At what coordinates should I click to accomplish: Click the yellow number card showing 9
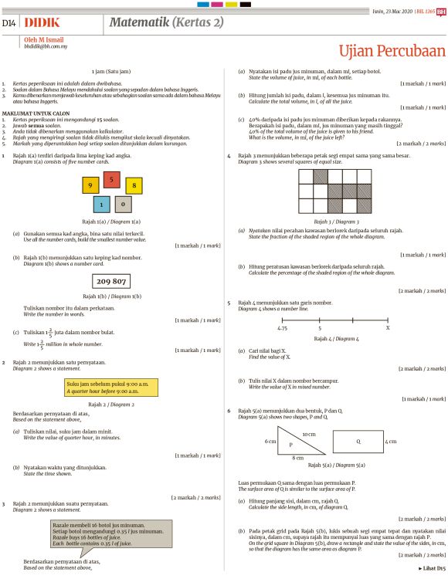[90, 186]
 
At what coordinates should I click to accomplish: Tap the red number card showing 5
[112, 180]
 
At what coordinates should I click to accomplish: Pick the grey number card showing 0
[123, 205]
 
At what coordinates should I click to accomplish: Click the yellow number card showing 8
[134, 186]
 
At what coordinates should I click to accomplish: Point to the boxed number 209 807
[112, 282]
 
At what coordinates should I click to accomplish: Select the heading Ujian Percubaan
[392, 51]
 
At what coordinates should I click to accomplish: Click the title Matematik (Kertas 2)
[166, 22]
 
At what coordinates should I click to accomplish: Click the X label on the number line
[387, 328]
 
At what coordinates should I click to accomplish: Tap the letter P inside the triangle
[290, 445]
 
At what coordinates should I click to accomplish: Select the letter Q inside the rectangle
[358, 442]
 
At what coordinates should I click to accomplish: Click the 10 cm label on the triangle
[308, 435]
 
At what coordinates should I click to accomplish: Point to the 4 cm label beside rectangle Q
[391, 442]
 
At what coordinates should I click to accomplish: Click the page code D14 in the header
[10, 24]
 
